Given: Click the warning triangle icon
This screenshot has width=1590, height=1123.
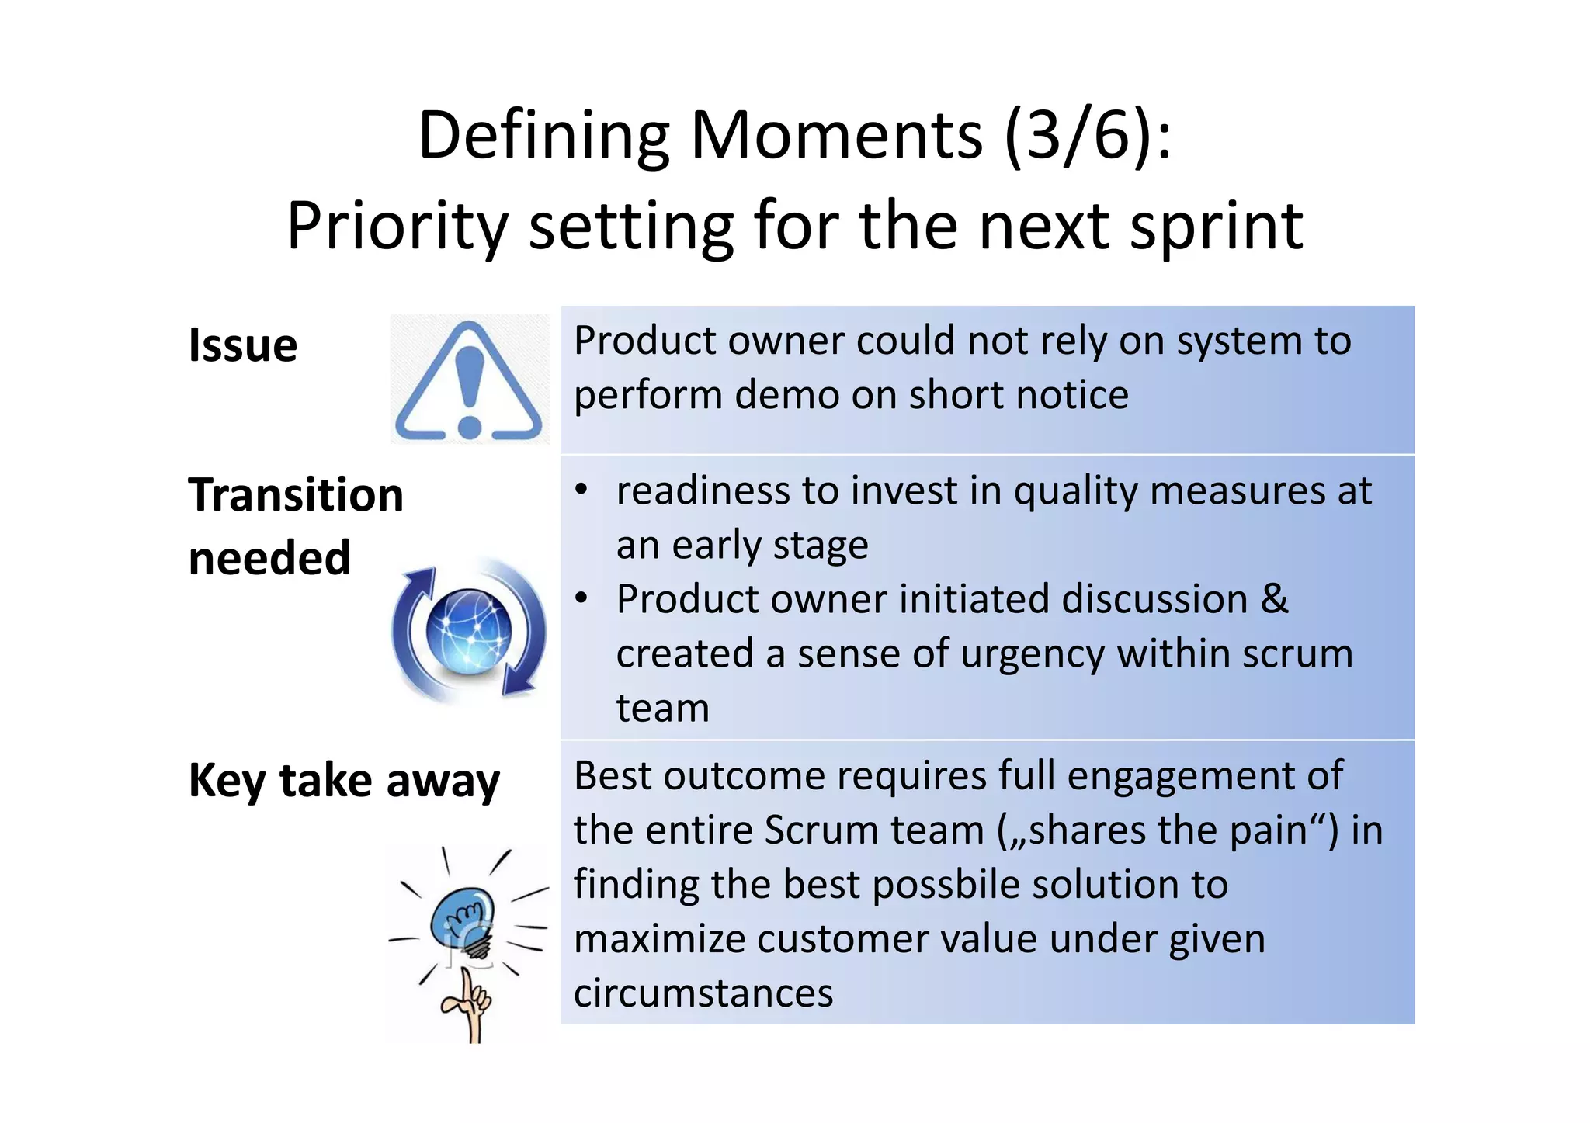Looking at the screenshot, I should (469, 380).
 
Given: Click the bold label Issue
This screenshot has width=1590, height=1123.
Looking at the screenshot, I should (243, 345).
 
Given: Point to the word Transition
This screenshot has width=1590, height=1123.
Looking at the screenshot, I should (296, 495).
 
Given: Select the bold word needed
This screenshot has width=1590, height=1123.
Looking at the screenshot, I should (269, 558).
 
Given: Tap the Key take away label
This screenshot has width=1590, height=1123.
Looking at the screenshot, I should (344, 780).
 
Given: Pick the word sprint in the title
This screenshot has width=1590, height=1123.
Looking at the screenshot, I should (1216, 227).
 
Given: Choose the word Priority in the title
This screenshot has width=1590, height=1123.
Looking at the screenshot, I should (397, 227).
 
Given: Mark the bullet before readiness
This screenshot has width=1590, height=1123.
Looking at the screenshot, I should (581, 490).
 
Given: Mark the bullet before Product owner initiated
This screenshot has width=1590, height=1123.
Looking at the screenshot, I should (581, 599).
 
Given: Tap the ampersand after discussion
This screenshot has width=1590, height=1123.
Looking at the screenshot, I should (1274, 599).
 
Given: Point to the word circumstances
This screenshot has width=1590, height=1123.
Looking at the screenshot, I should (703, 993).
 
